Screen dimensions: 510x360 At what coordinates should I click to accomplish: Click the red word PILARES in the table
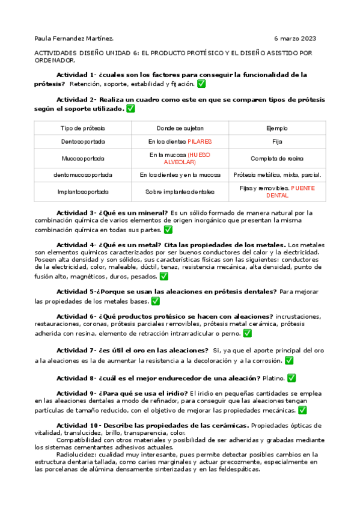200,142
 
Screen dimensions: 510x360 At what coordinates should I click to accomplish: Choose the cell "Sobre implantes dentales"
180,192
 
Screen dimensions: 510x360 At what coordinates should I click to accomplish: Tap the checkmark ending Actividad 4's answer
164,277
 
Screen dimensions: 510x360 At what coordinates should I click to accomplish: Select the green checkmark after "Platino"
291,378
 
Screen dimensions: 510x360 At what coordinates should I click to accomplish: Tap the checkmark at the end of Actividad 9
302,410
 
